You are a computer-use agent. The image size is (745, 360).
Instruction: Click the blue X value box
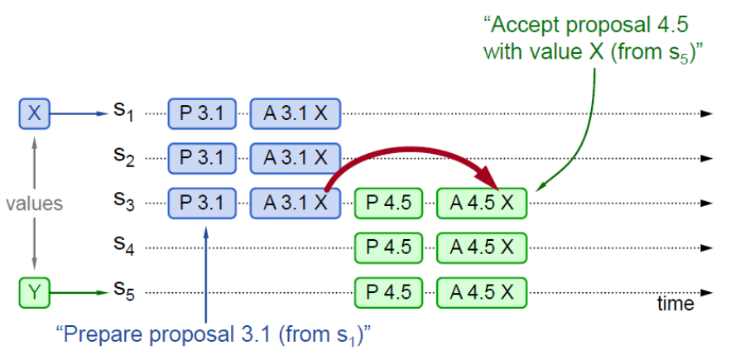tap(34, 113)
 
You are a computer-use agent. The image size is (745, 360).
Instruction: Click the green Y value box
tap(34, 290)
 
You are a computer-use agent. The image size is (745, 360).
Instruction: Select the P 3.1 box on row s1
tap(202, 113)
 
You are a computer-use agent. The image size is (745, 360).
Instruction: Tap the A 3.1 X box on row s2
tap(295, 157)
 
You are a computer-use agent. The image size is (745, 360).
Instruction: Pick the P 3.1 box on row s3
tap(202, 202)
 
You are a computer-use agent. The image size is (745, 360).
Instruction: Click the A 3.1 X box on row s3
tap(295, 202)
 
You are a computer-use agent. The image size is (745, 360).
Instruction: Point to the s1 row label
tap(123, 112)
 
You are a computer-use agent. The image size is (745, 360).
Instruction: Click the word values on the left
tap(34, 202)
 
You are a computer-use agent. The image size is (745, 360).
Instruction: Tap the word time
tap(675, 304)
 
